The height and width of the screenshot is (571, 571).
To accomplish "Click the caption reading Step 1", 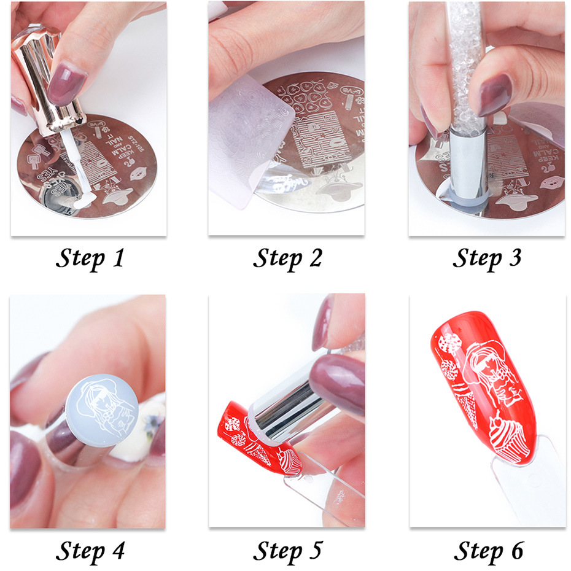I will pos(90,258).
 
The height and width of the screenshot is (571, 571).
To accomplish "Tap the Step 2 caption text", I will pos(287,258).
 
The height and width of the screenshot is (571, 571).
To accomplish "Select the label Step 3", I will pos(487,258).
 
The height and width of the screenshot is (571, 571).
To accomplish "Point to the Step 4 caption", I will pos(90,550).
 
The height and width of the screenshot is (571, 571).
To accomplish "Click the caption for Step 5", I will pos(287,550).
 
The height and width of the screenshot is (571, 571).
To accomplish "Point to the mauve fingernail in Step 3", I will pos(494,92).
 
